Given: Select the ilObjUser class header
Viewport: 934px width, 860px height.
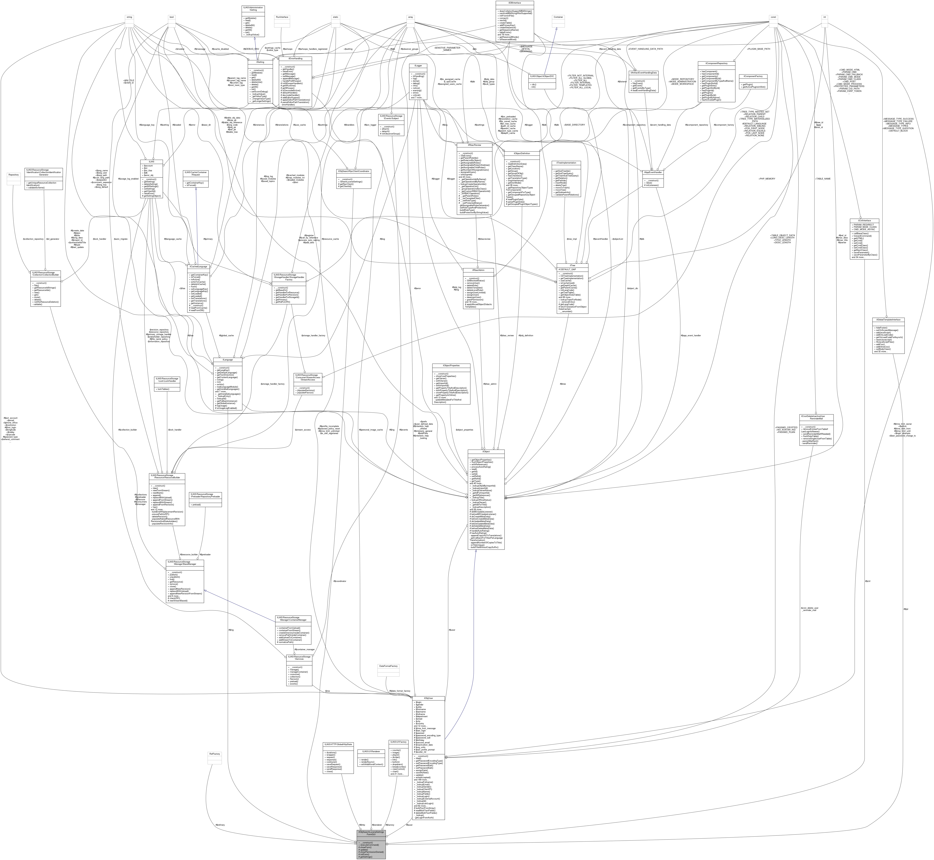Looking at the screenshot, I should point(428,699).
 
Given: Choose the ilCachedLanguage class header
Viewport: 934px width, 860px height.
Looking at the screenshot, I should point(198,267).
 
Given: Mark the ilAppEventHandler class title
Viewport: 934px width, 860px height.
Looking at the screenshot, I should point(653,172).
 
